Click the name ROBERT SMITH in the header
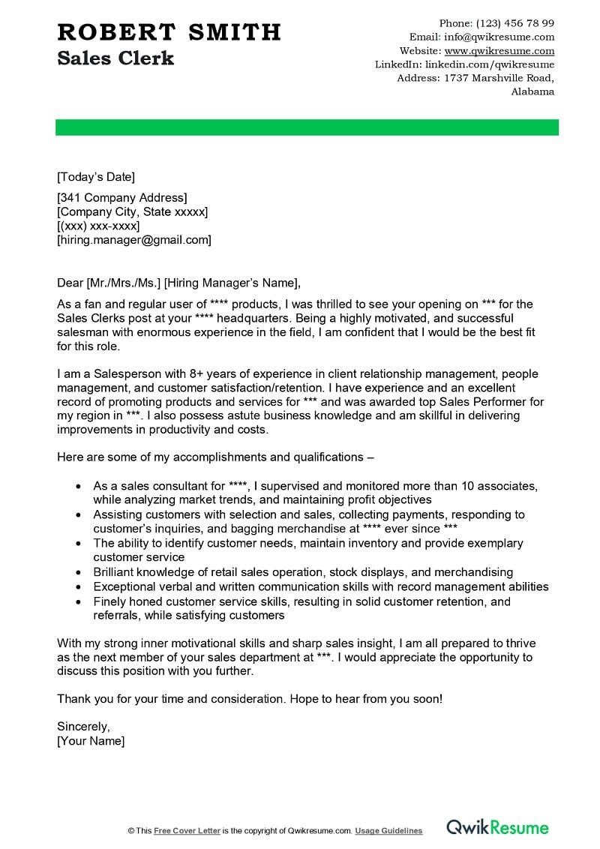pyautogui.click(x=169, y=32)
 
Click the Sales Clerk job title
pyautogui.click(x=115, y=58)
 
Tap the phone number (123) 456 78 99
pyautogui.click(x=516, y=23)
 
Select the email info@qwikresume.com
pyautogui.click(x=499, y=37)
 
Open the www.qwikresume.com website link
pyautogui.click(x=499, y=51)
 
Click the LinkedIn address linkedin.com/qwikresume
pyautogui.click(x=495, y=64)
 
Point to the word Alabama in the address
pyautogui.click(x=532, y=91)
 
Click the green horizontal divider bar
pyautogui.click(x=307, y=127)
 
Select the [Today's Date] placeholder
pyautogui.click(x=96, y=177)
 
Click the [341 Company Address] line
pyautogui.click(x=121, y=198)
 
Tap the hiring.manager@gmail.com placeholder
pyautogui.click(x=134, y=240)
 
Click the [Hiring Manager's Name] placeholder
pyautogui.click(x=232, y=283)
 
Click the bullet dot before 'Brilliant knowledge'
pyautogui.click(x=78, y=572)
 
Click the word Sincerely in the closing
pyautogui.click(x=83, y=727)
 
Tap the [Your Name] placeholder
pyautogui.click(x=91, y=741)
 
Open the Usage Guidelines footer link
pyautogui.click(x=388, y=831)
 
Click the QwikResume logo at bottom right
pyautogui.click(x=497, y=827)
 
